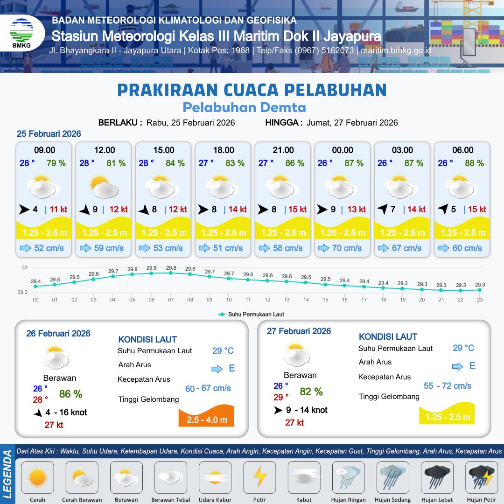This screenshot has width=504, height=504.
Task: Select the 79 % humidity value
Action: coord(56,163)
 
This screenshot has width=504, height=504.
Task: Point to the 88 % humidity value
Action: coord(474,163)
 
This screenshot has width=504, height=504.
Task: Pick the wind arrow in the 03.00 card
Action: coord(383,210)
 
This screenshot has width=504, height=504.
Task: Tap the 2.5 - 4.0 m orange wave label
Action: coord(207,420)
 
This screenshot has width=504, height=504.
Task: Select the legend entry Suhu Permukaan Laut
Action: coord(252,315)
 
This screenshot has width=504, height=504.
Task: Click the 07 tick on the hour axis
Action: coord(171,300)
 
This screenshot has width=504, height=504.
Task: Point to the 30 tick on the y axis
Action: coord(25,268)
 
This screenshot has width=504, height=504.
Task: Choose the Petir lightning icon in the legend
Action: coord(259,477)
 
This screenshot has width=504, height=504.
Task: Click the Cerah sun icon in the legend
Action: coord(37,477)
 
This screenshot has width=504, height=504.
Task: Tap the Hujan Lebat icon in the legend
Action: coord(437,477)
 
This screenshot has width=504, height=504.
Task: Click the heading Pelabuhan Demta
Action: coord(244,108)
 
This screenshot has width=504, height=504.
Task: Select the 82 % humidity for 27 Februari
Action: coord(311,392)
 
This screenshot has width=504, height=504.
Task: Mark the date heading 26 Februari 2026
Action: coord(58,334)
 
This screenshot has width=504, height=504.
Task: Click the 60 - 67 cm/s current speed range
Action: coord(208,388)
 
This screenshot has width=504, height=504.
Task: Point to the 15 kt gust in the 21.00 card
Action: coord(297,210)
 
